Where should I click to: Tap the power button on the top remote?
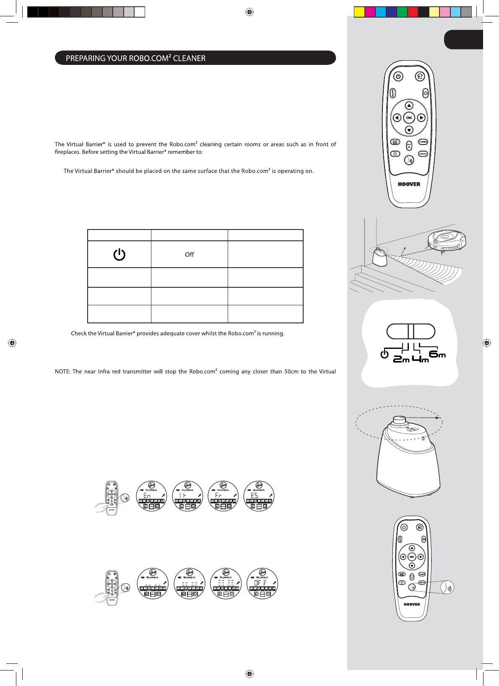tap(398, 77)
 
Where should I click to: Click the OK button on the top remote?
tap(409, 118)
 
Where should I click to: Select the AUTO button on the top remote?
tap(393, 93)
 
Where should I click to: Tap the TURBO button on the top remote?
tap(423, 142)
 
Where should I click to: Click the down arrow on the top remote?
tap(409, 130)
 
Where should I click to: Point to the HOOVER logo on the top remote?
tap(409, 184)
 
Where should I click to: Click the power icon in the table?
tap(119, 254)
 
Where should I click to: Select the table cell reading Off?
tap(190, 254)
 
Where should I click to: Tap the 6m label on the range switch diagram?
tap(437, 354)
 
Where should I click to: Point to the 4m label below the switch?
tap(420, 359)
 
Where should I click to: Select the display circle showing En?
tap(152, 496)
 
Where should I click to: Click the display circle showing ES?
tap(259, 496)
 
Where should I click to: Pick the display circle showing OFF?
tap(262, 583)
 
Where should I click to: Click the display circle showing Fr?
tap(223, 496)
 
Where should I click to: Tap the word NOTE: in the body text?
tap(62, 371)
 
